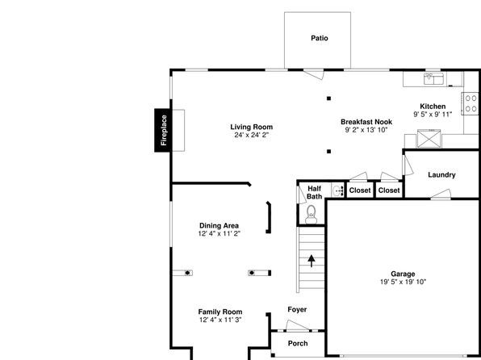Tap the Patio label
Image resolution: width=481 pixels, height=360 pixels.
click(x=320, y=38)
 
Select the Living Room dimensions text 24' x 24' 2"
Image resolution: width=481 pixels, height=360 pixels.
click(x=252, y=135)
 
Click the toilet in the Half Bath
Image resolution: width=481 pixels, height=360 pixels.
click(x=311, y=215)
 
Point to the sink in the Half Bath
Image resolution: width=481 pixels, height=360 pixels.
click(x=337, y=190)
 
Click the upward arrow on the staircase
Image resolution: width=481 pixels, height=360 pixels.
click(x=312, y=261)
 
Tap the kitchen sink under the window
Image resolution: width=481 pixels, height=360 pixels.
click(x=433, y=79)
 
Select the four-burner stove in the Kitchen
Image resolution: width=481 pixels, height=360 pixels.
click(x=471, y=103)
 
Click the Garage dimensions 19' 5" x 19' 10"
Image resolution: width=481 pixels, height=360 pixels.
click(x=403, y=282)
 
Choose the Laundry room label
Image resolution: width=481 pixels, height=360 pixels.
click(x=441, y=175)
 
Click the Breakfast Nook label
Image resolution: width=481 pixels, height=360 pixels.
click(x=366, y=122)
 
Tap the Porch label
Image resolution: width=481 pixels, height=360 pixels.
click(x=298, y=343)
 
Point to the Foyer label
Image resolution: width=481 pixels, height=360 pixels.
click(x=297, y=310)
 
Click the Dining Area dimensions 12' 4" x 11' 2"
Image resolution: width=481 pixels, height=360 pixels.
click(x=219, y=233)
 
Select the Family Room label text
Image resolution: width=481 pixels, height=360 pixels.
click(x=220, y=312)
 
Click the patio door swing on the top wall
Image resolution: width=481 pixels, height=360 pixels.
click(x=313, y=74)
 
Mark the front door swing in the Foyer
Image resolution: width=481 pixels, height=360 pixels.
click(x=297, y=325)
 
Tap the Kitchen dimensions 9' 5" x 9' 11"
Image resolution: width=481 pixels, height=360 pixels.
click(x=433, y=115)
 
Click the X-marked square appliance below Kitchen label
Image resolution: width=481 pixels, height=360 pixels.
click(x=429, y=139)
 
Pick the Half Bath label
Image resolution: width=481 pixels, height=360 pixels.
click(x=315, y=192)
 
